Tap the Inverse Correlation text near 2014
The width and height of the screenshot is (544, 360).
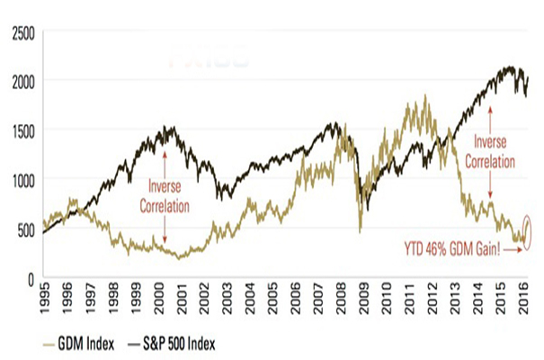point(490,154)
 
